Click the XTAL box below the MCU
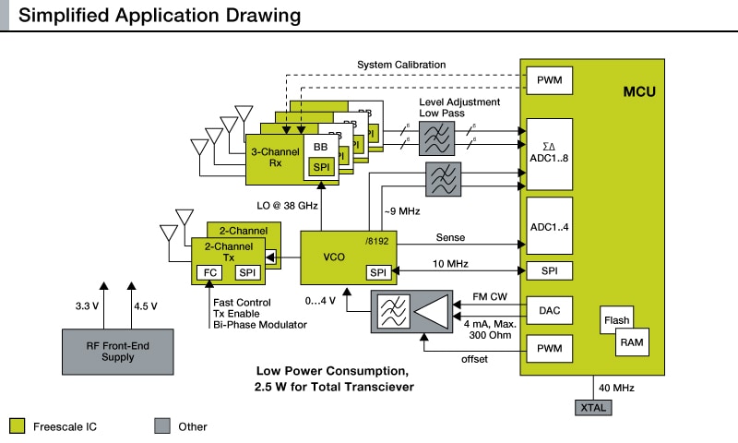[x=590, y=406]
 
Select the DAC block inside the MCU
[x=549, y=312]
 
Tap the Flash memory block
[x=616, y=321]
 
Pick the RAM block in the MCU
[x=632, y=341]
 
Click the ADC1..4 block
[x=549, y=226]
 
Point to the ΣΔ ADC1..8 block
[x=549, y=152]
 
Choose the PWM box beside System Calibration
[x=549, y=80]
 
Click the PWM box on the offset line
[x=549, y=350]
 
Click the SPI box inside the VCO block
[x=378, y=272]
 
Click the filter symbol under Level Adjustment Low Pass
[x=436, y=138]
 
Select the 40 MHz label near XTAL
[x=615, y=387]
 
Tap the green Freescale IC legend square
[x=17, y=425]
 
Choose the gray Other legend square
[x=162, y=425]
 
